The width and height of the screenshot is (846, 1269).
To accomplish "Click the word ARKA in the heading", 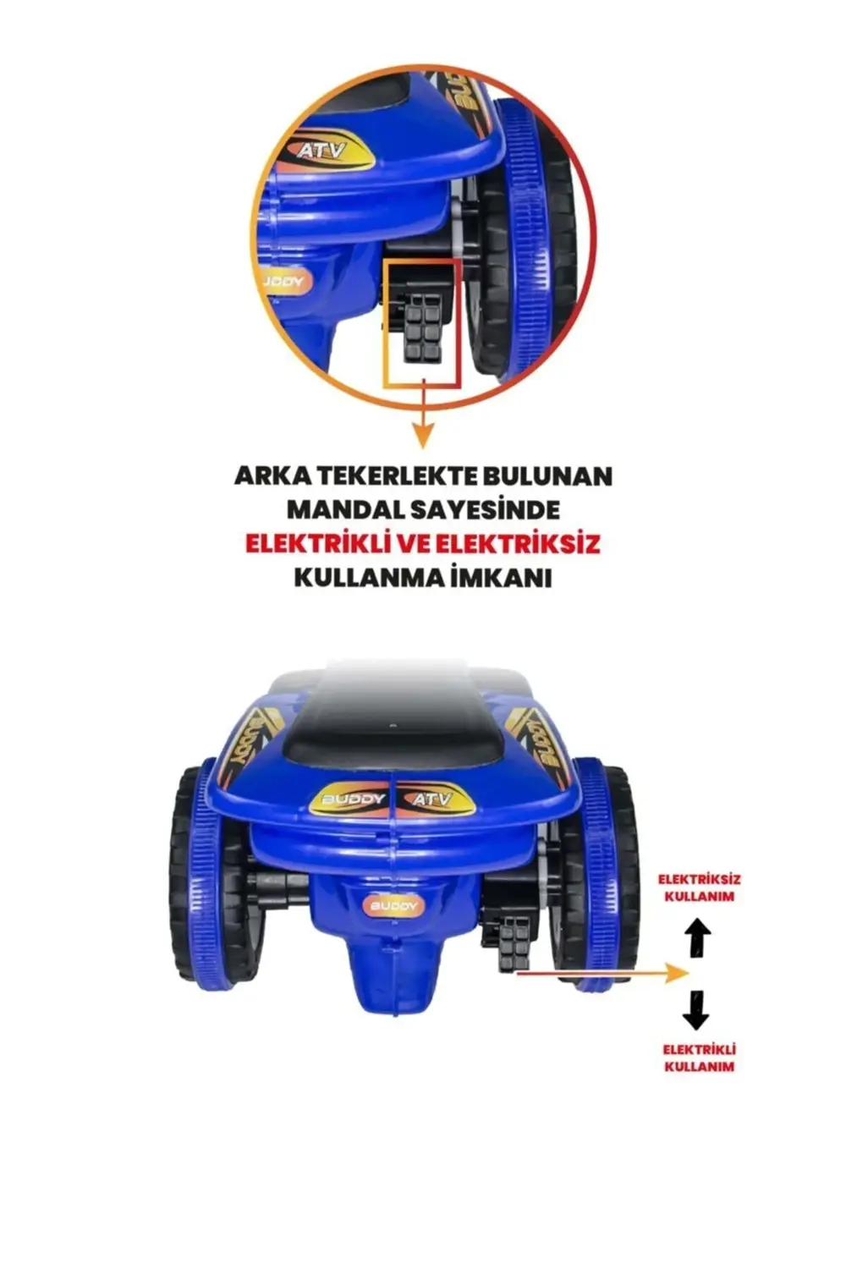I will pos(269,475).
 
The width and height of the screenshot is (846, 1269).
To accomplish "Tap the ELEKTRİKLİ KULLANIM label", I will pos(699,1057).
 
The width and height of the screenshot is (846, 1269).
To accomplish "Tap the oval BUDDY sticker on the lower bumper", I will pos(393,906).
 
